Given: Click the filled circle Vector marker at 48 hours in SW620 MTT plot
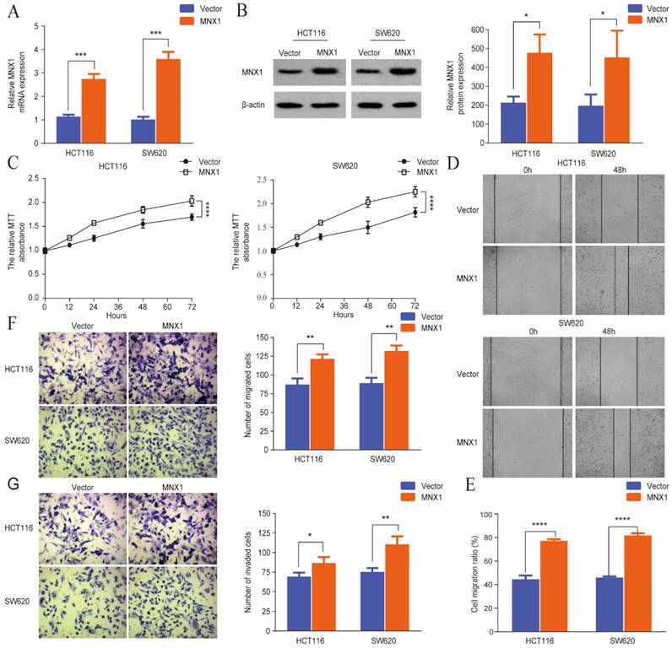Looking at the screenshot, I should [368, 228].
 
